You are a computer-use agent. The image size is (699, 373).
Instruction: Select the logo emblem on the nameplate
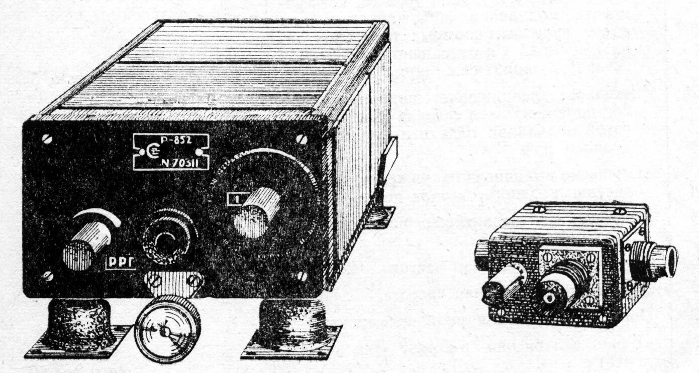(141, 153)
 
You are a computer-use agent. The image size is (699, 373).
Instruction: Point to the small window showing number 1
(234, 200)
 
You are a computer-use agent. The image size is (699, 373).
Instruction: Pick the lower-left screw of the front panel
(47, 275)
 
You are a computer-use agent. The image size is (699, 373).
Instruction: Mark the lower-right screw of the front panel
(302, 277)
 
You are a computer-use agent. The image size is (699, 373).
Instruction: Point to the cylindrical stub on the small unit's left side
(483, 251)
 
